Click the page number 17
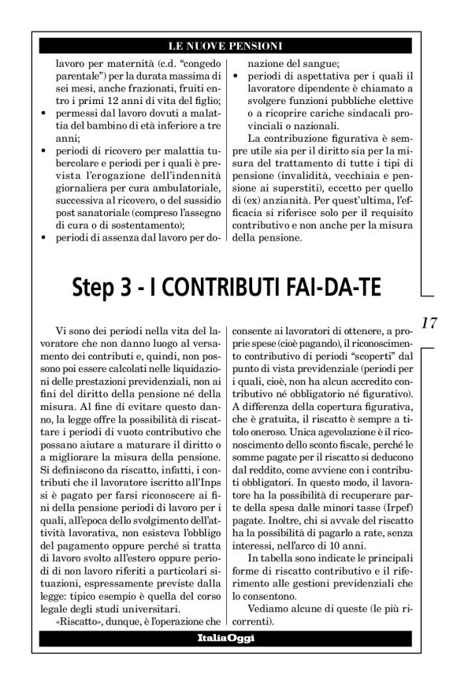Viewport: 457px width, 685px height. tap(429, 323)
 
